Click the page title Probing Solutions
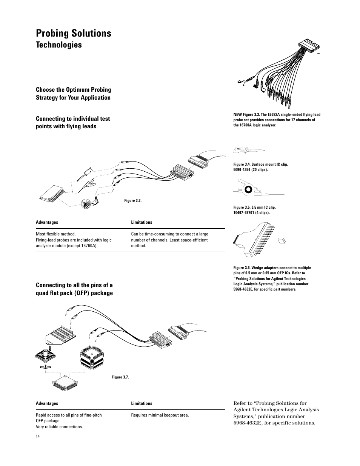click(74, 33)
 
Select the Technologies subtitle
click(59, 45)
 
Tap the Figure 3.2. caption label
click(133, 200)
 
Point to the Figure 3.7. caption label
click(120, 377)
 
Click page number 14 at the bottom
click(38, 436)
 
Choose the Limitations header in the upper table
click(142, 222)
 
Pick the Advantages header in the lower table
click(47, 403)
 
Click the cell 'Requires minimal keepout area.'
click(160, 415)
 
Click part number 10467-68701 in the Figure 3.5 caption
click(244, 212)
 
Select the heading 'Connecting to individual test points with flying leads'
click(73, 122)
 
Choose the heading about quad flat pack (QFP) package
click(74, 289)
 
